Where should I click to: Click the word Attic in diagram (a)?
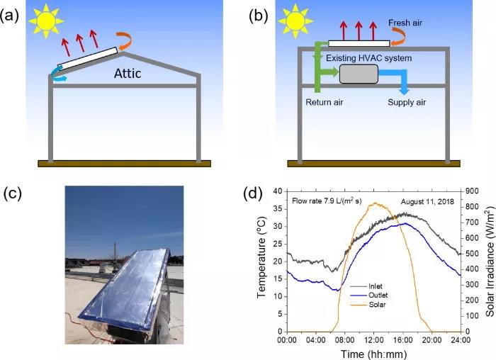[x=127, y=74]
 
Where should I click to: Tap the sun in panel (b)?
[x=295, y=21]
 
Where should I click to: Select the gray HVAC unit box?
[x=359, y=74]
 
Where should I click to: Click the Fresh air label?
[x=405, y=23]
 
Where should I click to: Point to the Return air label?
[x=325, y=102]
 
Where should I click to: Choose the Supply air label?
[x=407, y=102]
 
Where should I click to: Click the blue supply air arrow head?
[x=404, y=91]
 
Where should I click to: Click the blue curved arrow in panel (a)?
[x=59, y=75]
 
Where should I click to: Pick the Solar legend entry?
[x=368, y=305]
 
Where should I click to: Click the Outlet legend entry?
[x=369, y=296]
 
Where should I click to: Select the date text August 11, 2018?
[x=427, y=201]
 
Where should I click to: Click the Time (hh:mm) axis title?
[x=373, y=354]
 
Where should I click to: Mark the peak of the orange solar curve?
[x=376, y=203]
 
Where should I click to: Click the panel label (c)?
[x=12, y=193]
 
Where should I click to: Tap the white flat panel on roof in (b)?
[x=359, y=43]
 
